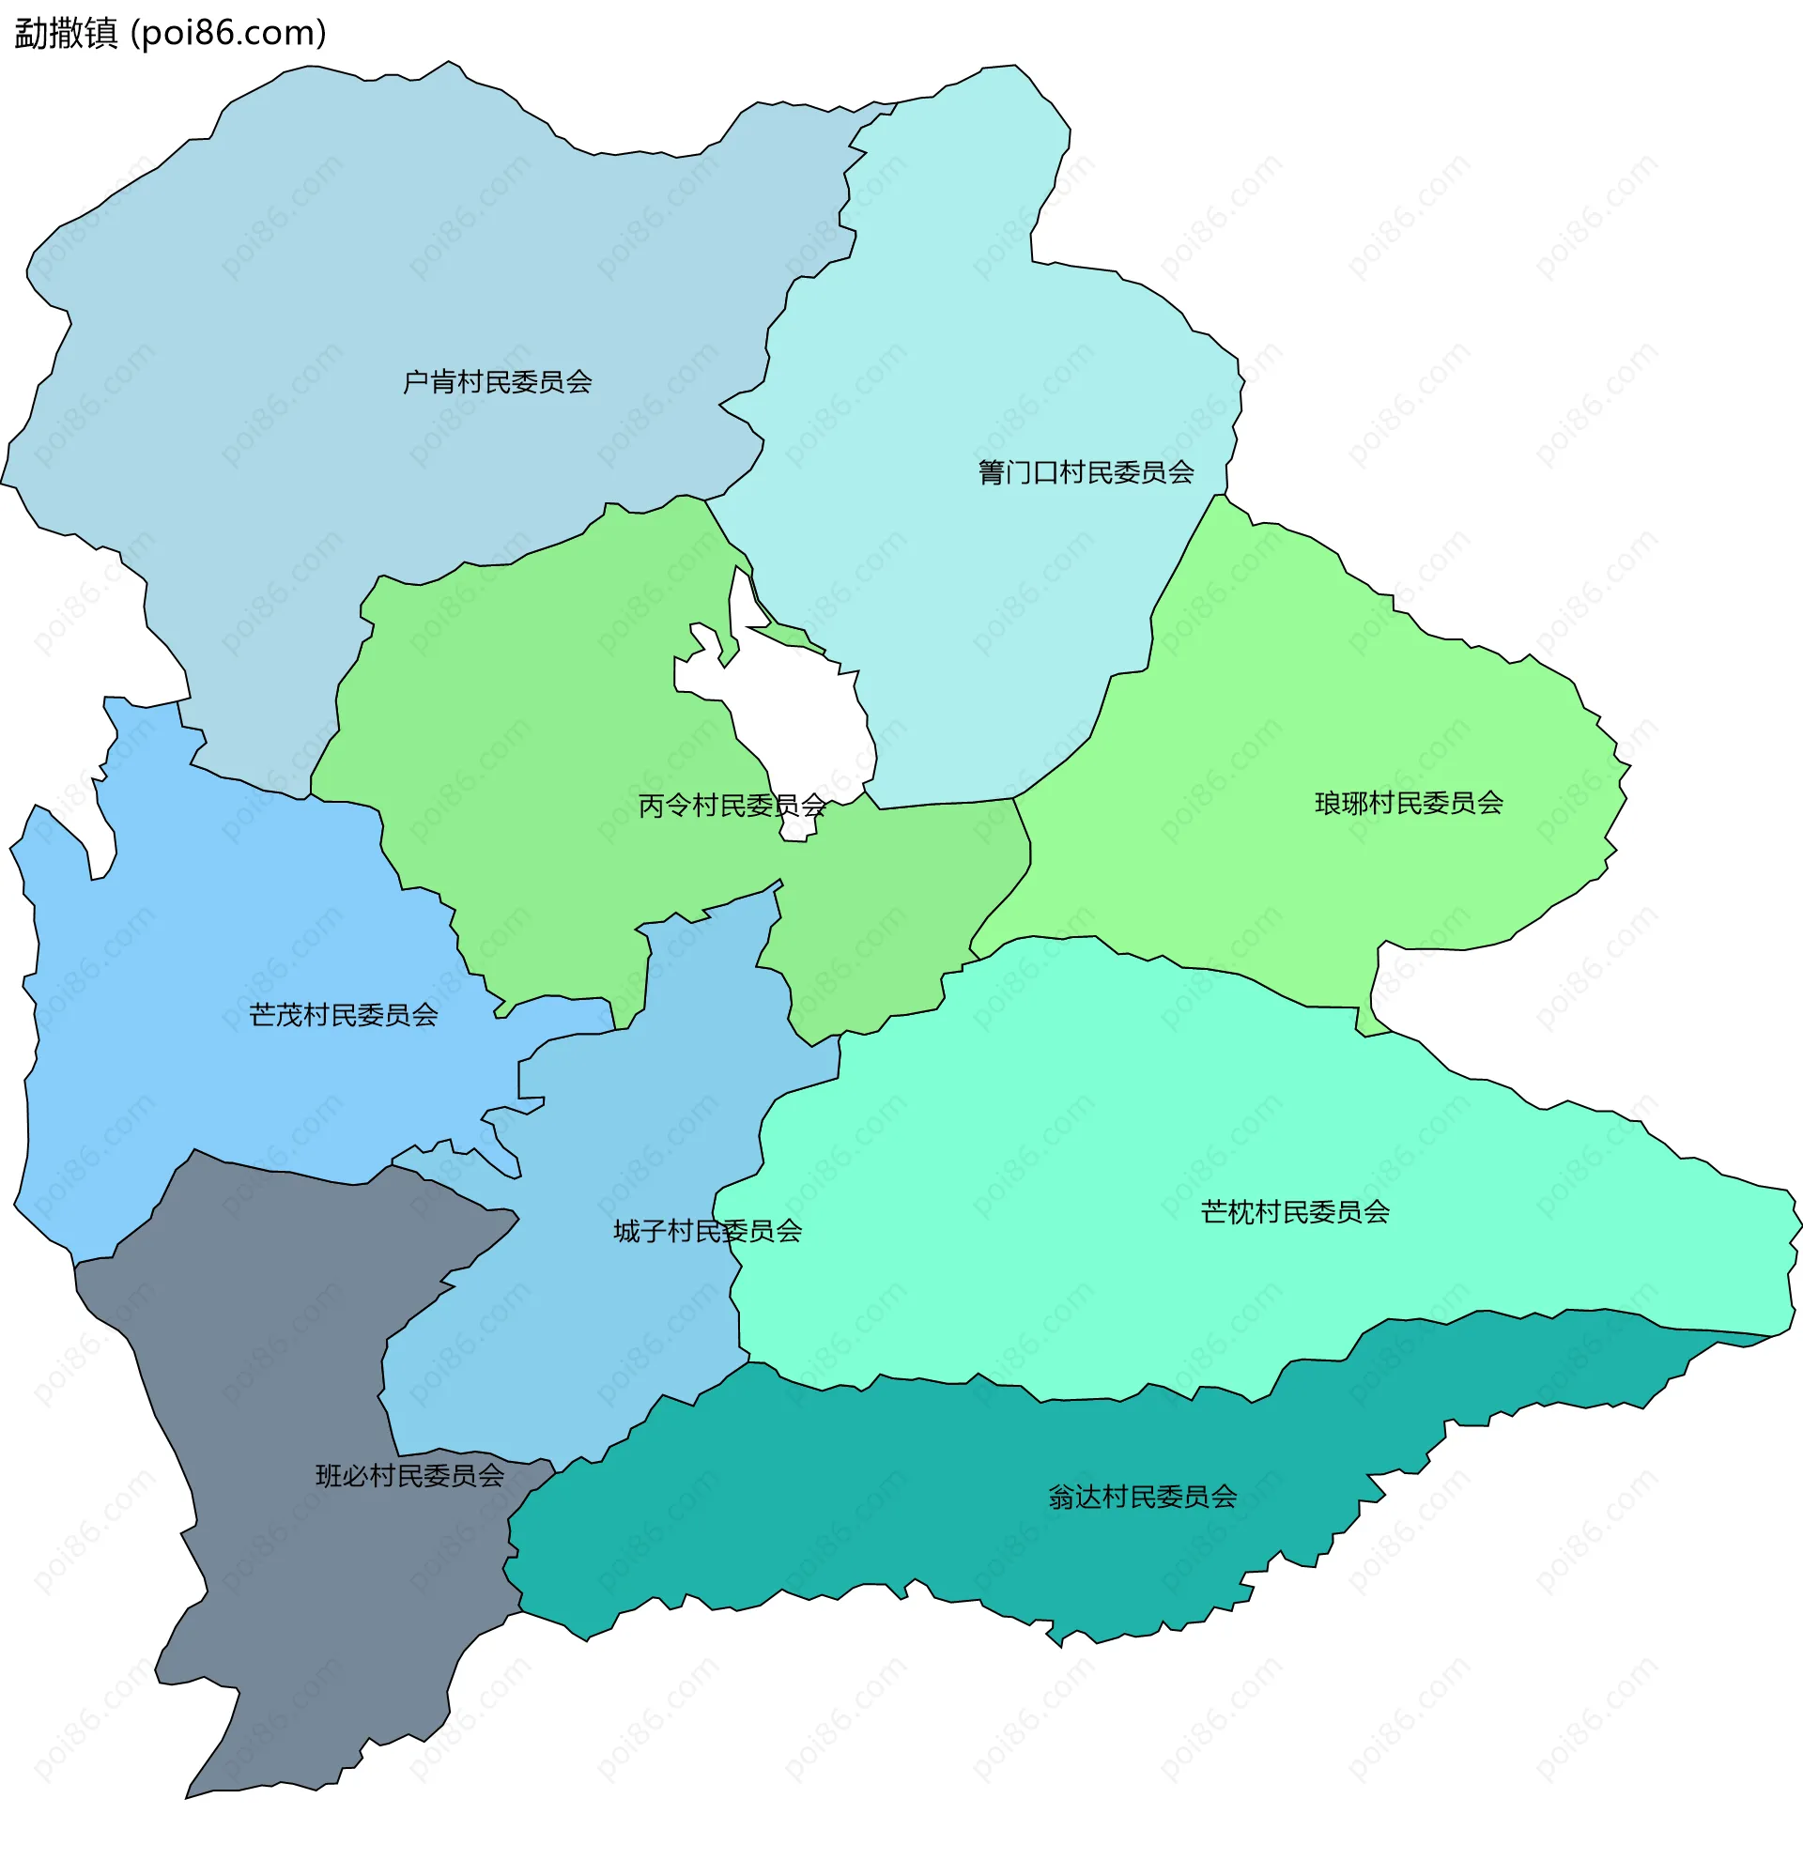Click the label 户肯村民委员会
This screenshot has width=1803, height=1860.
(x=498, y=382)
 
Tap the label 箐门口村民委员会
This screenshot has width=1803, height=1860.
(x=1086, y=472)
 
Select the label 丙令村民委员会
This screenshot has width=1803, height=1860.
(x=732, y=806)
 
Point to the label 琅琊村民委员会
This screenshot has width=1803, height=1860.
(x=1409, y=804)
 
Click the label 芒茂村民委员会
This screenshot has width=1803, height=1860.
(x=344, y=1015)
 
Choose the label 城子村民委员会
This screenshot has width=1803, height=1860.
(x=707, y=1232)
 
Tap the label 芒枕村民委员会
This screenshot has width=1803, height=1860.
(x=1294, y=1213)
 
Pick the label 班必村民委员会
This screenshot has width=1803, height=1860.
(x=410, y=1476)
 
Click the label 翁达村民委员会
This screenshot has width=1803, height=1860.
(x=1143, y=1498)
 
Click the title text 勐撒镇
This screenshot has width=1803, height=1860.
(x=67, y=33)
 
